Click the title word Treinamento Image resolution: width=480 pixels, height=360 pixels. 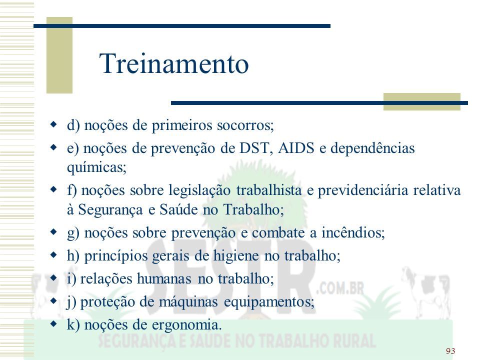pos(174,63)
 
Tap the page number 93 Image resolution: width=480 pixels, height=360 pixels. pos(450,351)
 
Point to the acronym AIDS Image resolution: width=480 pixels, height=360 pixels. pos(296,148)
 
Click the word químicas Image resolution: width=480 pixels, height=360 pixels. pos(96,167)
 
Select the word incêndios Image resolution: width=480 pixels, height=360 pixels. pos(353,232)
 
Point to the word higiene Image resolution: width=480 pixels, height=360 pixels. pos(236,255)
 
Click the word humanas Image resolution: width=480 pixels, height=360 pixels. pos(164,278)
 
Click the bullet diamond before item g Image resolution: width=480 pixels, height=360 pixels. pos(54,232)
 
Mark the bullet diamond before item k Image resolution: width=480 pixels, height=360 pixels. pos(54,324)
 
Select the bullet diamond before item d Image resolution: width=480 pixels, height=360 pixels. pos(54,124)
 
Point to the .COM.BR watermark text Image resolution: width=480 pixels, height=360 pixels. pos(340,288)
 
